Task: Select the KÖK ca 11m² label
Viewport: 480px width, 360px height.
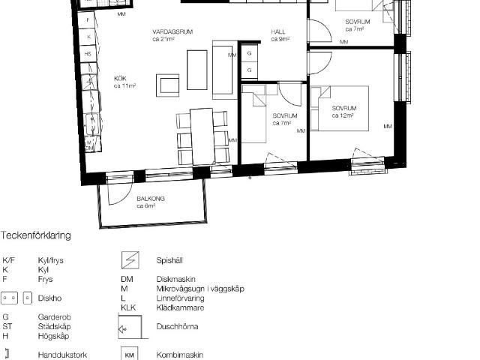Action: (x=124, y=82)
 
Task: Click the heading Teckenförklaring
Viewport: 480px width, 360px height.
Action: (x=36, y=235)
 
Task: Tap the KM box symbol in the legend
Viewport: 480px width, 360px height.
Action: (x=129, y=355)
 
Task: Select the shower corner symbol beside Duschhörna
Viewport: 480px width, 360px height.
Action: (x=130, y=327)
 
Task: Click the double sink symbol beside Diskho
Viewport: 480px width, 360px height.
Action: (x=14, y=297)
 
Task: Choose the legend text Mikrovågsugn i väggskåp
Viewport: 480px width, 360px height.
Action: (x=199, y=288)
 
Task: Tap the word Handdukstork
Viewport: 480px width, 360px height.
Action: (x=62, y=355)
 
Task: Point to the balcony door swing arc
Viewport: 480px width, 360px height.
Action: (x=116, y=192)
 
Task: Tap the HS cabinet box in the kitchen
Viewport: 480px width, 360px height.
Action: (x=88, y=54)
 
